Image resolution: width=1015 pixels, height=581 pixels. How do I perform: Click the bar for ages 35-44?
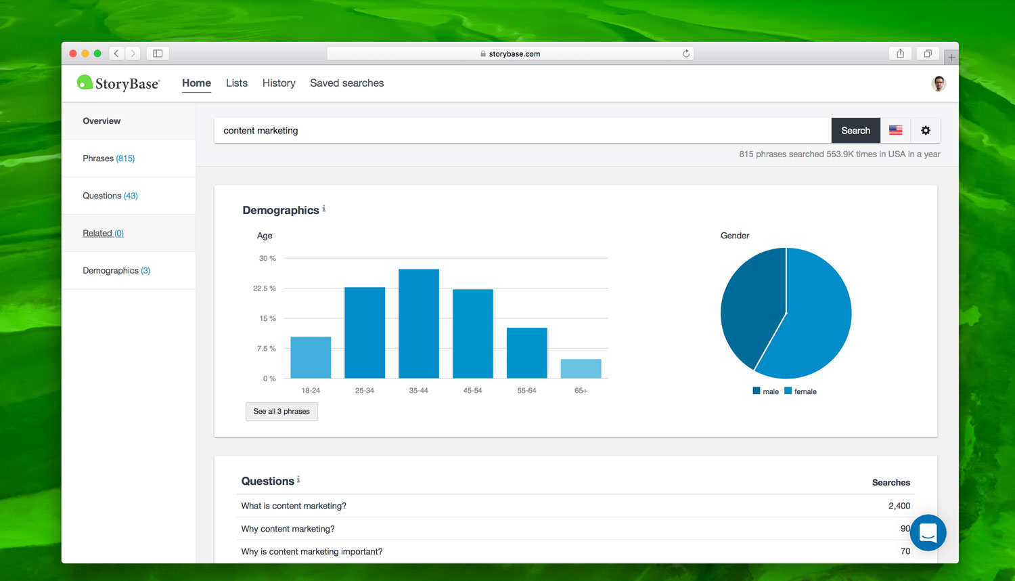(418, 324)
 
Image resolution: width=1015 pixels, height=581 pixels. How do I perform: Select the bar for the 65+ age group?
(581, 368)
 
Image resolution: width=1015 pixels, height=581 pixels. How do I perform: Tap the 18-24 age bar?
(311, 358)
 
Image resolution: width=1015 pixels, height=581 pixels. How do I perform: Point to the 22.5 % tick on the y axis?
(265, 288)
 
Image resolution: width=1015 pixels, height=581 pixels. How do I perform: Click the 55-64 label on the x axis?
(526, 391)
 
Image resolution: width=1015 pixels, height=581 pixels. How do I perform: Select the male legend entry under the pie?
(766, 391)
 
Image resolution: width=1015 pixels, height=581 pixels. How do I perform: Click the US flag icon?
(895, 130)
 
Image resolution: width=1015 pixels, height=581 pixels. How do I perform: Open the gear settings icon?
(925, 130)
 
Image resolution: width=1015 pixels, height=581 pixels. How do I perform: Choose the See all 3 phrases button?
(281, 412)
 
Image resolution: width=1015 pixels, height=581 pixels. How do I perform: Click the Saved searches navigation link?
(346, 83)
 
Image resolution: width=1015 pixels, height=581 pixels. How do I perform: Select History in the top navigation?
(279, 83)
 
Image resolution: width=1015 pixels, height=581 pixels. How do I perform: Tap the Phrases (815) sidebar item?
(109, 158)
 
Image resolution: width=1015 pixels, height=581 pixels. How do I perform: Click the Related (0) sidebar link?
(104, 233)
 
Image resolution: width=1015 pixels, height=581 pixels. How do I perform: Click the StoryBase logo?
(119, 83)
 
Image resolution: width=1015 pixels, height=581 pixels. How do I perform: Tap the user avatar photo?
(939, 83)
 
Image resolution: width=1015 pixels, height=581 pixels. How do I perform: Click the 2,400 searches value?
(899, 506)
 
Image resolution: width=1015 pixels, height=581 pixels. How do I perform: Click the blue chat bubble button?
(928, 533)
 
